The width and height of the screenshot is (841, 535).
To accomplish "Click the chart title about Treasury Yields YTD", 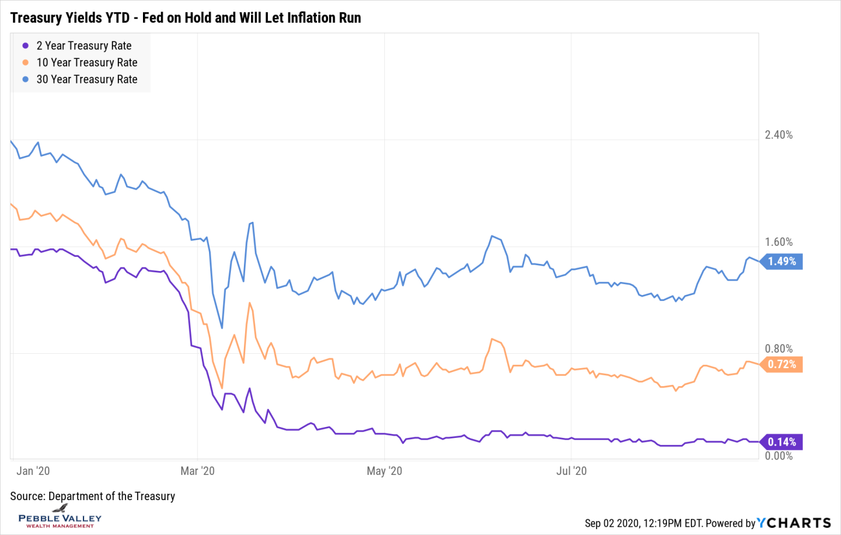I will coord(186,18).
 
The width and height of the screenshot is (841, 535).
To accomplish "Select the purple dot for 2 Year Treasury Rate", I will coord(25,46).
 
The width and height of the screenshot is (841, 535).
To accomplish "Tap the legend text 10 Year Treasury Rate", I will coord(87,63).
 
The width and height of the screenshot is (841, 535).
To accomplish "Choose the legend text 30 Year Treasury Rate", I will coord(87,80).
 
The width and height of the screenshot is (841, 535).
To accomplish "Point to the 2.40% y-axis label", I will coord(778,135).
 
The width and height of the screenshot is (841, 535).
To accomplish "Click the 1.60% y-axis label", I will coord(778,243).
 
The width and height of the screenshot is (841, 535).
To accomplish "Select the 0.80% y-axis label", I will coord(778,349).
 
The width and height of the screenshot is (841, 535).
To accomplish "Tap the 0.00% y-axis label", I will coord(778,456).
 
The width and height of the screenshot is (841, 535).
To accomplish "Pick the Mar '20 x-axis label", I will coord(198,471).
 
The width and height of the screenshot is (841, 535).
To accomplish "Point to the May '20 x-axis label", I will coord(385,471).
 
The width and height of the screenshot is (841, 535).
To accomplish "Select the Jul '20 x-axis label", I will coord(572,471).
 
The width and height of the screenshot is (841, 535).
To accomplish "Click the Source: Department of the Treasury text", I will coord(93,496).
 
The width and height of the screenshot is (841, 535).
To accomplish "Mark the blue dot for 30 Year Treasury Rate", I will coord(25,80).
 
